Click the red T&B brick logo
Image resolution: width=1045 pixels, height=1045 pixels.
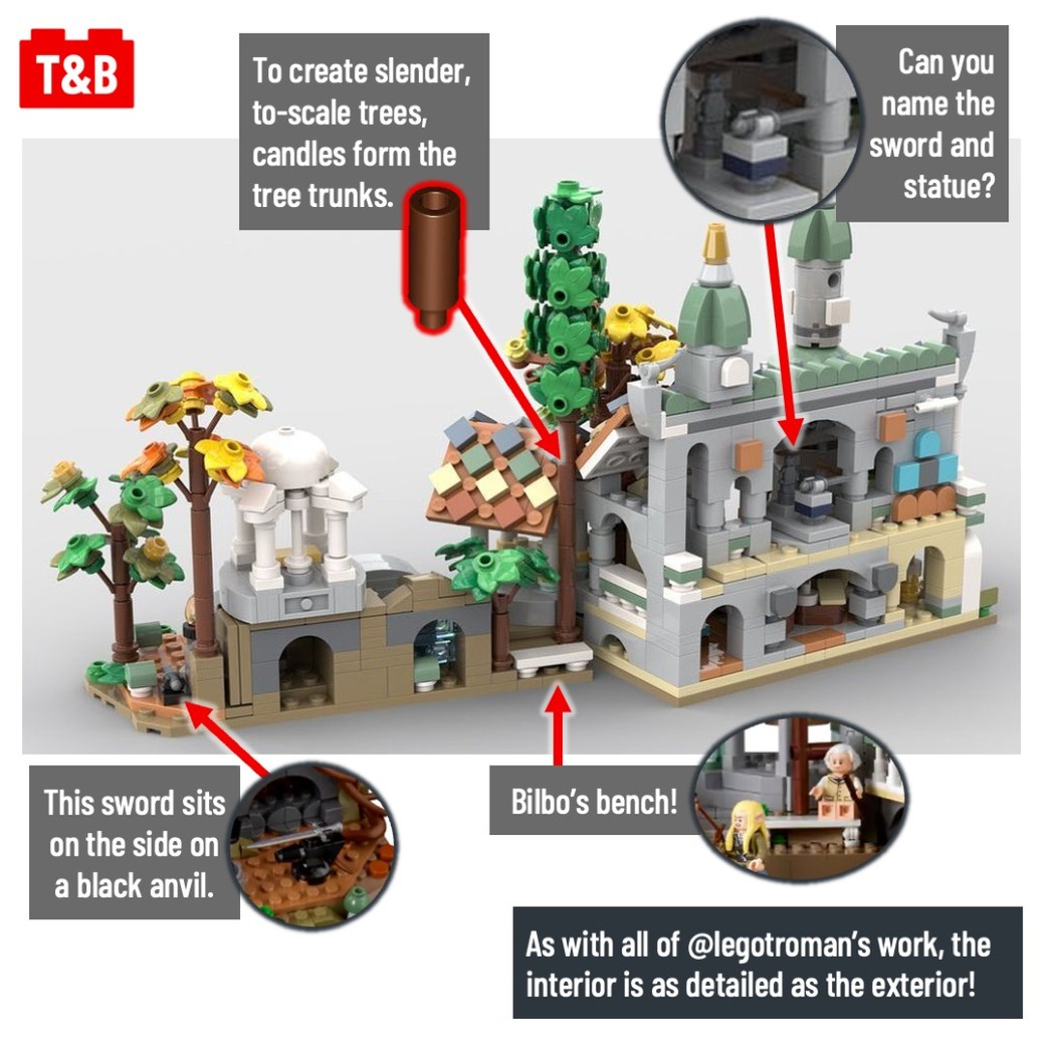(x=76, y=68)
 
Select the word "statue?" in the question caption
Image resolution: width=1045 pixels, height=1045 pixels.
(x=948, y=186)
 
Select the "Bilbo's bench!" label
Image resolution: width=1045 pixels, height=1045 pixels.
(x=594, y=801)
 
